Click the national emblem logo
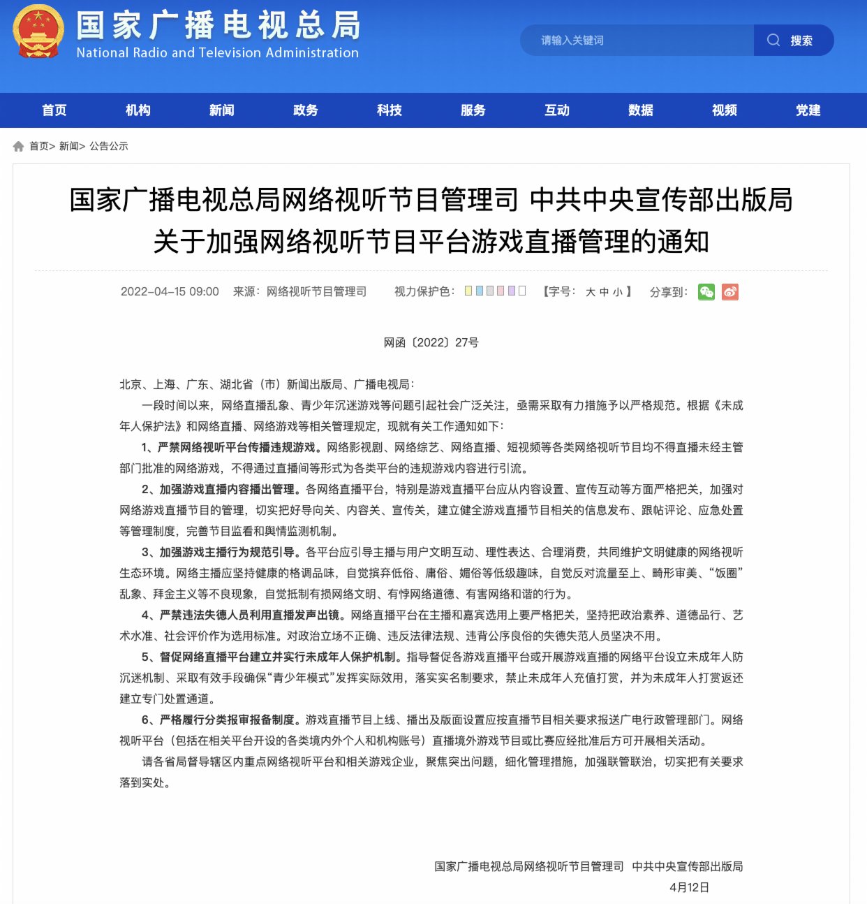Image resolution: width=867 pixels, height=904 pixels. pos(38,32)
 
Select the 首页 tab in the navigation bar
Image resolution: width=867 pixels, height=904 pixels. pos(54,110)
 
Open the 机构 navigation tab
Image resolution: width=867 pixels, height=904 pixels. pos(138,110)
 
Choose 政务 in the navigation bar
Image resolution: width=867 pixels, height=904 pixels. pos(306,110)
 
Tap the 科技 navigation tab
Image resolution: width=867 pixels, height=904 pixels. pos(390,110)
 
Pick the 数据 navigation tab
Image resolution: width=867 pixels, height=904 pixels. pos(641,110)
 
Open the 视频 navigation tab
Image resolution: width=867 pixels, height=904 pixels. pos(725,110)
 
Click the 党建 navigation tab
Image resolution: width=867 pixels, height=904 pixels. pos(808,110)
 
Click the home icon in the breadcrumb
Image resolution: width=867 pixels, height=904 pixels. pos(19,146)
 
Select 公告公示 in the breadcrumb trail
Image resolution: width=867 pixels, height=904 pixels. pos(109,146)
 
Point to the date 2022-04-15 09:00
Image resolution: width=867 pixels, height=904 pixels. pos(170,291)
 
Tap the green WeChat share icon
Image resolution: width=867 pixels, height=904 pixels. pos(706,292)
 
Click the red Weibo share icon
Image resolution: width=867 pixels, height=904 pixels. pos(730,292)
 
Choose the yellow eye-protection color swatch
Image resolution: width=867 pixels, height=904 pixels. pos(468,291)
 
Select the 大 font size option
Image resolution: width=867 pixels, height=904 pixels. pos(591,292)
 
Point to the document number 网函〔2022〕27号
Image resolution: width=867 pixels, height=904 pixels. pos(431,342)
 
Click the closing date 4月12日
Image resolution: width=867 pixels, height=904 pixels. pos(689,887)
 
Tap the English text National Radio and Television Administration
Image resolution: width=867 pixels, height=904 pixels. pos(217,53)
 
